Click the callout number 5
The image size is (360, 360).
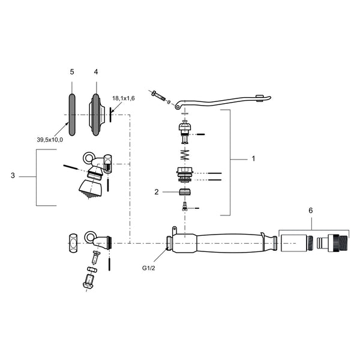click(72, 72)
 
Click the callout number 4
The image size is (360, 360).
click(96, 72)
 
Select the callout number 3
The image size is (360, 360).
click(13, 176)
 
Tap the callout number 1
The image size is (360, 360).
click(253, 158)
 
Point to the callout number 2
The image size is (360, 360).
click(157, 192)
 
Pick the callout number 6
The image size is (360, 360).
click(311, 211)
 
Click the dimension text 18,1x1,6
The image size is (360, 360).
click(124, 98)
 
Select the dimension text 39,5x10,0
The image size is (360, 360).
click(50, 140)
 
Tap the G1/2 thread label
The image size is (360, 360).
click(149, 268)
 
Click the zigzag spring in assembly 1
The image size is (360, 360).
click(185, 155)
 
